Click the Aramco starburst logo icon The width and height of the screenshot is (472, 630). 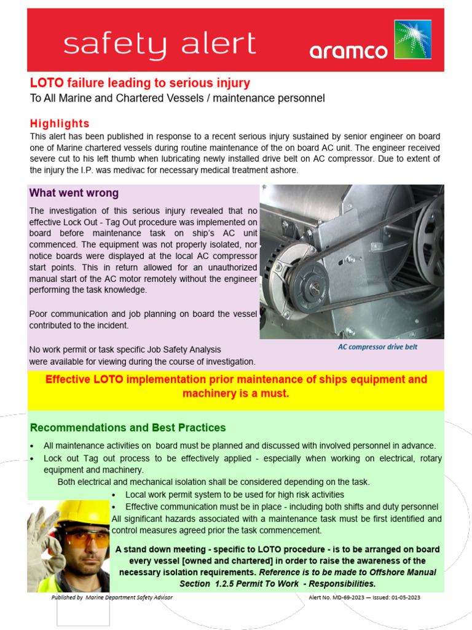pyautogui.click(x=412, y=40)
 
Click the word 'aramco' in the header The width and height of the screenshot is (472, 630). pyautogui.click(x=348, y=51)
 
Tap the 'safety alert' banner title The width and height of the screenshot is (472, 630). pyautogui.click(x=160, y=44)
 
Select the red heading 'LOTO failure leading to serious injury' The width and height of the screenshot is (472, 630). pyautogui.click(x=140, y=83)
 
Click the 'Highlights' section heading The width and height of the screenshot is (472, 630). pyautogui.click(x=60, y=124)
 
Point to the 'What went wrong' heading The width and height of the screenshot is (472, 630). pyautogui.click(x=74, y=193)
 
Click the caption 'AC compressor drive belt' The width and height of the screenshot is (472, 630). pyautogui.click(x=377, y=347)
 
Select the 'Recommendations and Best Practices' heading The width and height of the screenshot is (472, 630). pyautogui.click(x=128, y=428)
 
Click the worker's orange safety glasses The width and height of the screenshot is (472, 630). pyautogui.click(x=85, y=540)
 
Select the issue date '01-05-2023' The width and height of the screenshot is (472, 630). pyautogui.click(x=404, y=597)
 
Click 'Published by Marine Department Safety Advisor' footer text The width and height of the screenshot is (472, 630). pyautogui.click(x=112, y=597)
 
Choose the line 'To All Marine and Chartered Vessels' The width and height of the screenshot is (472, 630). pyautogui.click(x=177, y=98)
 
